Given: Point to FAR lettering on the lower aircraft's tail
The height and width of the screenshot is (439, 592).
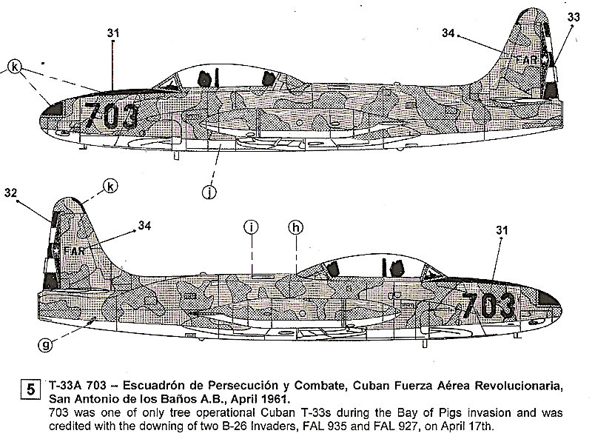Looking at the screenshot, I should pyautogui.click(x=74, y=250).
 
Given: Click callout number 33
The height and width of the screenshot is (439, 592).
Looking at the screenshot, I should pyautogui.click(x=573, y=17).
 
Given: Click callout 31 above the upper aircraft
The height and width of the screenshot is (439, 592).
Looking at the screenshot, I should pyautogui.click(x=113, y=33).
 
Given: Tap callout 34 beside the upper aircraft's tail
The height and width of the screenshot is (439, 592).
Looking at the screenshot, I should pyautogui.click(x=448, y=32).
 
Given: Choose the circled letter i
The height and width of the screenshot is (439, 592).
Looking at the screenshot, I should pyautogui.click(x=252, y=227).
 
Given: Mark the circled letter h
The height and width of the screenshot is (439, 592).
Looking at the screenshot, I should pyautogui.click(x=295, y=227).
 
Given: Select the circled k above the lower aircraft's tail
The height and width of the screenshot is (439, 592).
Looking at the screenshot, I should pyautogui.click(x=110, y=186).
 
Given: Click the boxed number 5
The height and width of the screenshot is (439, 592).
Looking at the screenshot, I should pyautogui.click(x=30, y=387).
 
